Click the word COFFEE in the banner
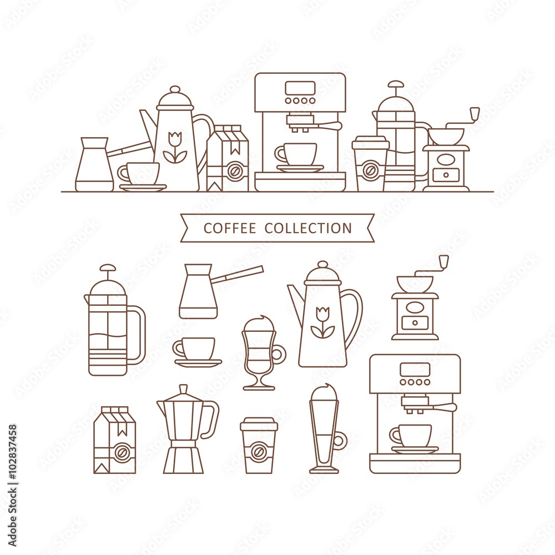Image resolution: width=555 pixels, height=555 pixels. [x=230, y=228]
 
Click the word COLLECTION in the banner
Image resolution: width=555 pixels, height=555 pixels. [x=308, y=228]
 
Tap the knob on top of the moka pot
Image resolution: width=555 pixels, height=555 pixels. [x=183, y=389]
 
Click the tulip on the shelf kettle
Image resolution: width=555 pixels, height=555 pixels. [x=174, y=148]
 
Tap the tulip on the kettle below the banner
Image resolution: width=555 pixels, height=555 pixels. [x=322, y=322]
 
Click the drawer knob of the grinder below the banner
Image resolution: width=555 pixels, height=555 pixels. [x=415, y=323]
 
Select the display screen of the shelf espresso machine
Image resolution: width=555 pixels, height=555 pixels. [x=300, y=88]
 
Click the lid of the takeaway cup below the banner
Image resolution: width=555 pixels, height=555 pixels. [x=259, y=424]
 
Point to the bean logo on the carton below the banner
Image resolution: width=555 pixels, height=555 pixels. [x=120, y=452]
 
